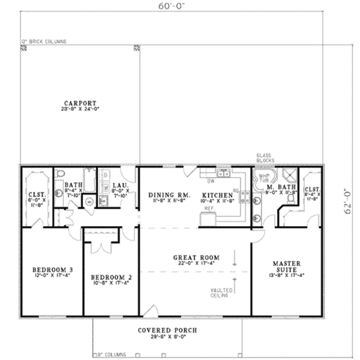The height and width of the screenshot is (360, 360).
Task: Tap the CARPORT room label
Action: tap(80, 103)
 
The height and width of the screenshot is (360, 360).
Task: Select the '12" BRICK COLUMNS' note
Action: tap(44, 41)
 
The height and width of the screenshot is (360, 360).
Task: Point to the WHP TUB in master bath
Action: tap(263, 178)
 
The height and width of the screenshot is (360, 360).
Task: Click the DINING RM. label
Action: tap(169, 195)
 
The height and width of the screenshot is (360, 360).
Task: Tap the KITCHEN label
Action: tap(217, 195)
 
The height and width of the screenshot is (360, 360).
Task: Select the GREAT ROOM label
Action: tap(196, 258)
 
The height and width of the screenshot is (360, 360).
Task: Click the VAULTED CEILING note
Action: tap(221, 293)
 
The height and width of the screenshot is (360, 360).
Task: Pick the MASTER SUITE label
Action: tap(287, 266)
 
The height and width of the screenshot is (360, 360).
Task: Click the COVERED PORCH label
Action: tap(167, 330)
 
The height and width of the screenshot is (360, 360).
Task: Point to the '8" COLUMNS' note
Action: tap(112, 355)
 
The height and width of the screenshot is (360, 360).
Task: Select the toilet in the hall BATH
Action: tap(61, 173)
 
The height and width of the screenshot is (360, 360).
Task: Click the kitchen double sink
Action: tap(223, 173)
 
